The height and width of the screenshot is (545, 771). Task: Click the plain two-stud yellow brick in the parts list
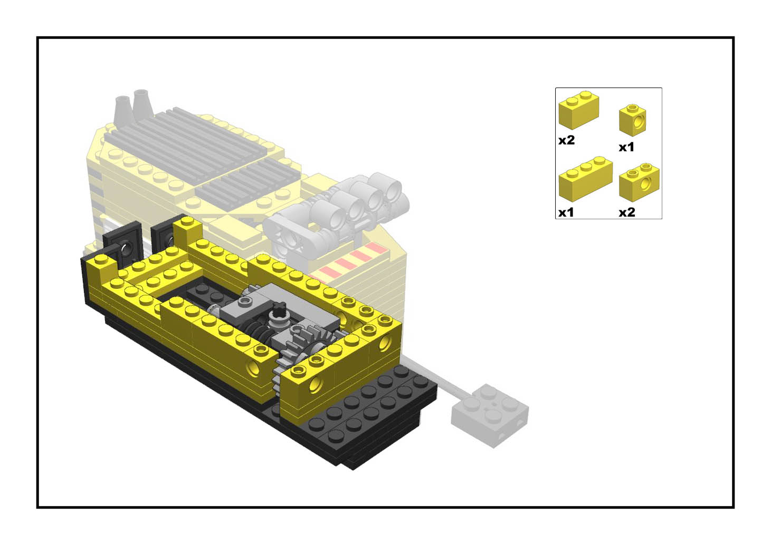click(578, 110)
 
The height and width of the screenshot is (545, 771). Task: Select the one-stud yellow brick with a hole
click(632, 120)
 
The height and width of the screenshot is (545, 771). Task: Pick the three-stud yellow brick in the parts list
click(585, 179)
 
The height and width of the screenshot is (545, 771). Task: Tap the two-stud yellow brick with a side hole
click(639, 182)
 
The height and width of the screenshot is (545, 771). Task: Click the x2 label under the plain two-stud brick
click(567, 140)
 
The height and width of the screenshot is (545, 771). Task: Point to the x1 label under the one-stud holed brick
click(626, 148)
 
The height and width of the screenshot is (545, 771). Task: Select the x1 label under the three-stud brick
click(566, 212)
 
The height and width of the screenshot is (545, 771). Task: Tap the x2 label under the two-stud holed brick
click(627, 212)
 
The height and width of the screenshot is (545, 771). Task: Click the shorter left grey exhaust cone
click(123, 110)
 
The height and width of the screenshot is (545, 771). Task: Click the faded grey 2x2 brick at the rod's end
click(490, 415)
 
